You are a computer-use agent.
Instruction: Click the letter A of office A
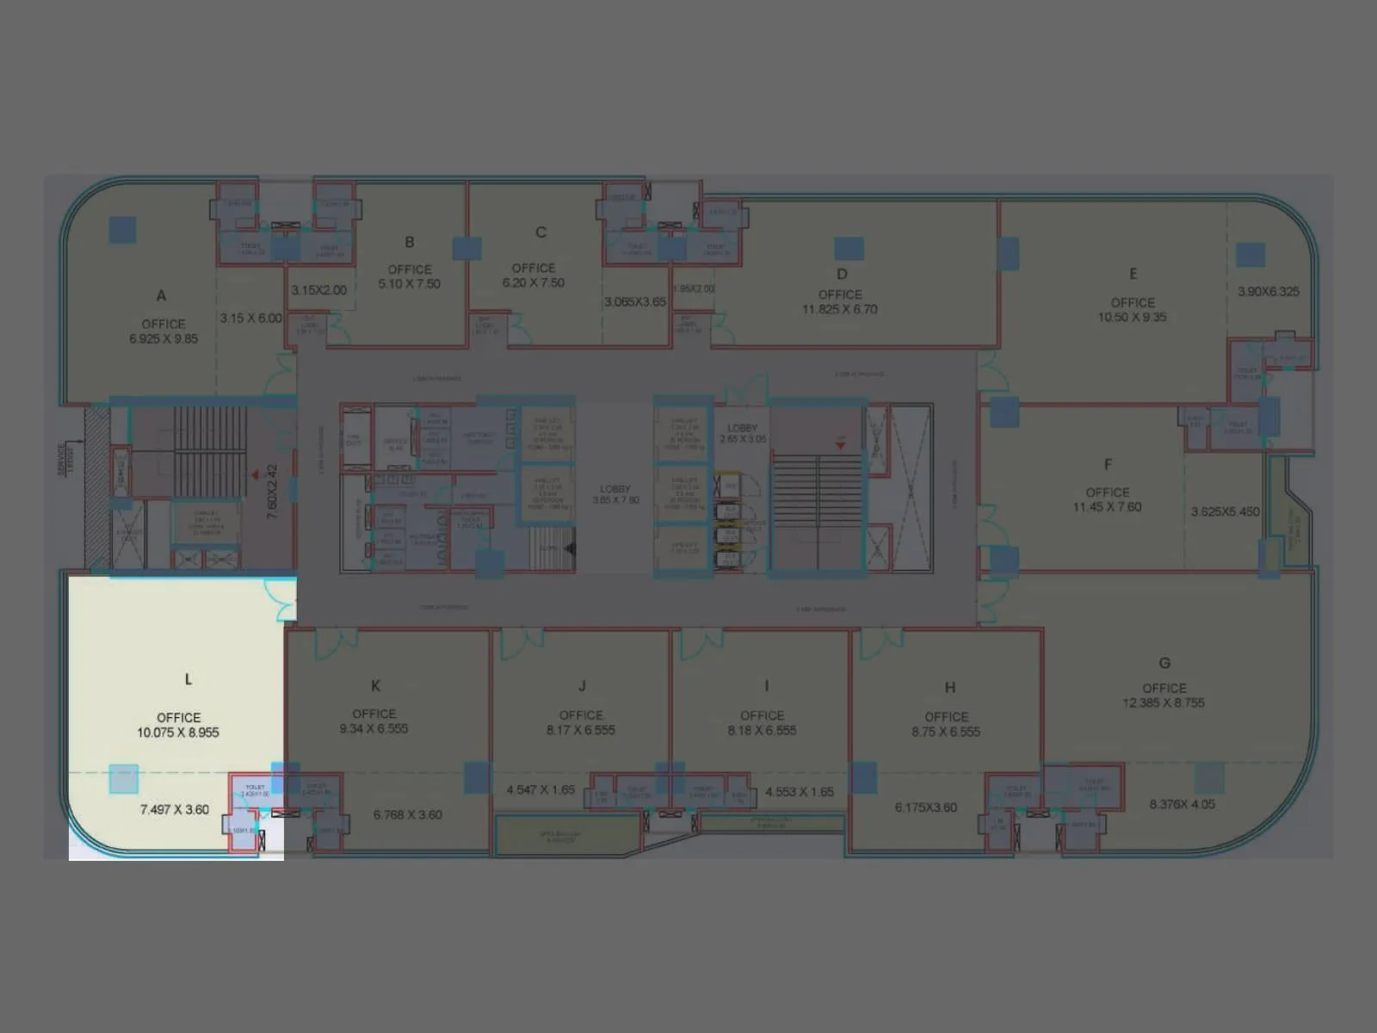click(161, 295)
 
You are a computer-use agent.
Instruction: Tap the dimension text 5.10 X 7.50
click(410, 284)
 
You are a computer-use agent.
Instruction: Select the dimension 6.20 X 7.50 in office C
click(534, 282)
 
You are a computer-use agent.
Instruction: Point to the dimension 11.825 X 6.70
click(840, 309)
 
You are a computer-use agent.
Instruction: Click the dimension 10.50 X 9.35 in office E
click(1133, 317)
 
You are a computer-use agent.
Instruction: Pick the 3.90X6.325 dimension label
click(1269, 292)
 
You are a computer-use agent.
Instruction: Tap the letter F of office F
click(1108, 465)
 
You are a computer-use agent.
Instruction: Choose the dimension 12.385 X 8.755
click(1164, 702)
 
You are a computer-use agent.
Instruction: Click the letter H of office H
click(950, 687)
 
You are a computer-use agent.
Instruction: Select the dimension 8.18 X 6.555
click(762, 730)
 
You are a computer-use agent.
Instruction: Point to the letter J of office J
click(582, 686)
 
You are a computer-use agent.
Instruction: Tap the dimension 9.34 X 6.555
click(374, 728)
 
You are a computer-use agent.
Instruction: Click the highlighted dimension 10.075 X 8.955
click(178, 733)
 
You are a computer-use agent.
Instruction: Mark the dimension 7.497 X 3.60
click(175, 809)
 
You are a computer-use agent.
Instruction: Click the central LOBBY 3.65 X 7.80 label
click(615, 494)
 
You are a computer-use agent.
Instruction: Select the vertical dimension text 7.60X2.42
click(272, 492)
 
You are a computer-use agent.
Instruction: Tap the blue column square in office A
click(122, 230)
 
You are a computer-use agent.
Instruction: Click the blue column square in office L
click(123, 778)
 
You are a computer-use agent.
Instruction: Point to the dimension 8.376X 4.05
click(1182, 804)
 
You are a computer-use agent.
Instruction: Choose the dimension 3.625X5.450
click(1226, 511)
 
